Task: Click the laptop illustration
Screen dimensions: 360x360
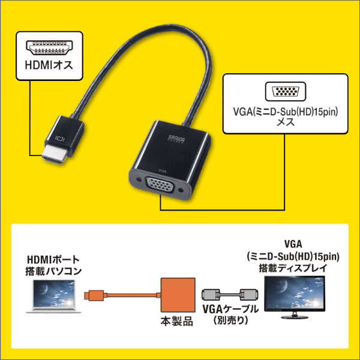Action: click(x=53, y=295)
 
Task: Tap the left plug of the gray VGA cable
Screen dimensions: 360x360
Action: click(x=209, y=295)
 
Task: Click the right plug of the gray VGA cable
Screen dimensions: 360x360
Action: click(x=249, y=295)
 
